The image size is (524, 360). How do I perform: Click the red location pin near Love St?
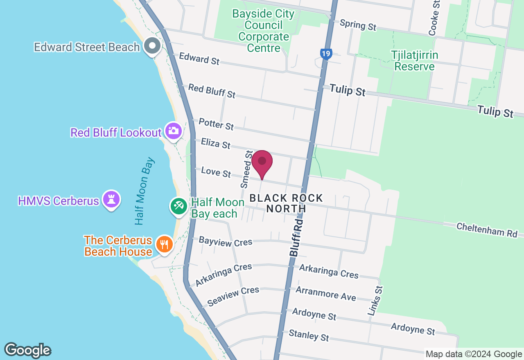click(262, 162)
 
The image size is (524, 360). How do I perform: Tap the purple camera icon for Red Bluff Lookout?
click(174, 130)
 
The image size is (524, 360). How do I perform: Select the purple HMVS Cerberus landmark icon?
click(111, 200)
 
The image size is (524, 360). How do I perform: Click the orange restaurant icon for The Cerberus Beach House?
click(164, 245)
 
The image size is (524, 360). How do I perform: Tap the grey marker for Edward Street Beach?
click(153, 46)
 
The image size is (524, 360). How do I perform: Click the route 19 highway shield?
click(325, 54)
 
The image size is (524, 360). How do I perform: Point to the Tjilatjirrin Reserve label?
click(414, 61)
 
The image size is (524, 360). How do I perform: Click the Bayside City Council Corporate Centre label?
click(263, 31)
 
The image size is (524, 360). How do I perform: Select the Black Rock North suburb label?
click(286, 203)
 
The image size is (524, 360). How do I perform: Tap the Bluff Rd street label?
click(296, 237)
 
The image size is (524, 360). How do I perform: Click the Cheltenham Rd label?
click(487, 230)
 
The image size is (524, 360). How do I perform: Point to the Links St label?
click(375, 301)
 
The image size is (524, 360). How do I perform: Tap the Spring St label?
click(358, 25)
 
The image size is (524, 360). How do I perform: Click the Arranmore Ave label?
click(326, 293)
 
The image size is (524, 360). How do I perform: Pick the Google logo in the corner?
click(27, 351)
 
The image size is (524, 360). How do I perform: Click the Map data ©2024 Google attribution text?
click(474, 354)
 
